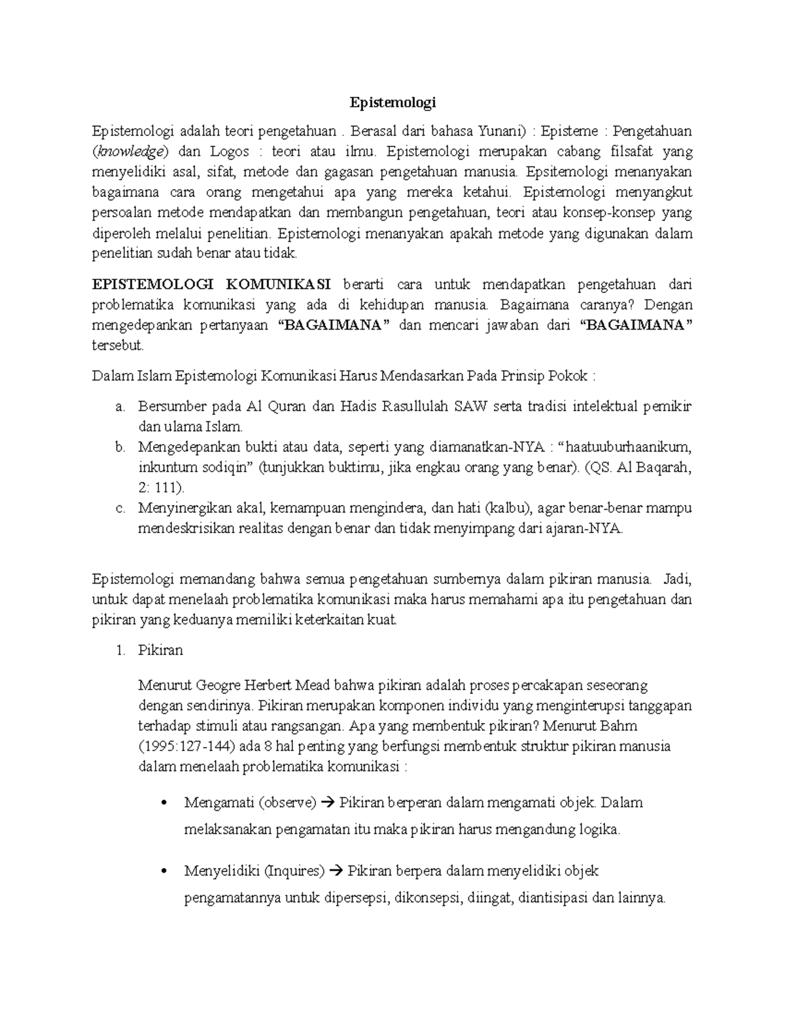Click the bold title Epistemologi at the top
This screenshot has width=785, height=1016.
pyautogui.click(x=392, y=103)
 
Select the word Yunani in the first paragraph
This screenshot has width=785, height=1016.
pyautogui.click(x=501, y=131)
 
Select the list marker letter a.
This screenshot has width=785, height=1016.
pyautogui.click(x=119, y=407)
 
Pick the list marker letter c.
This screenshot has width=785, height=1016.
pyautogui.click(x=119, y=508)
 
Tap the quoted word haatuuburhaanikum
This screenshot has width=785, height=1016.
pyautogui.click(x=627, y=447)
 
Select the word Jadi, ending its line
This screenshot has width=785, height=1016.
pyautogui.click(x=677, y=579)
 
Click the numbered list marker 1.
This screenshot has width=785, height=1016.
pyautogui.click(x=119, y=650)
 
